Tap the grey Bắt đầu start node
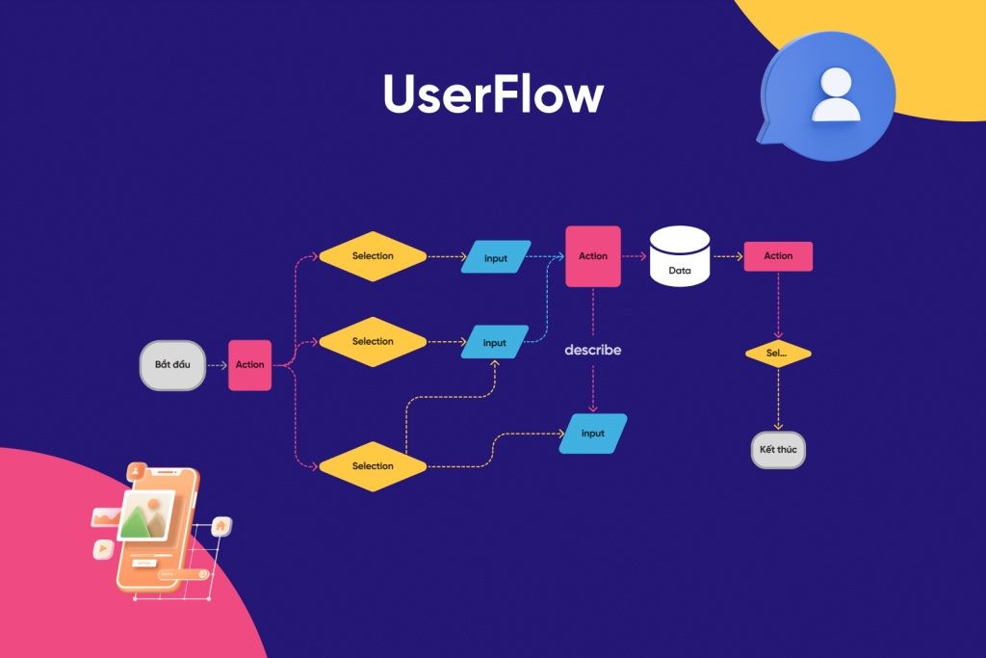[173, 365]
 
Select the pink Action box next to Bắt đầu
[249, 365]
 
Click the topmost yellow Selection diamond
[373, 256]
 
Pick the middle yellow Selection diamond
[373, 342]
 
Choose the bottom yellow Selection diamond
[373, 466]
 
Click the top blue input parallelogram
[496, 257]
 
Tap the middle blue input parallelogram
[495, 343]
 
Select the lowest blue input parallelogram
[593, 434]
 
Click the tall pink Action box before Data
[593, 256]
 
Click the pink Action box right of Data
[778, 256]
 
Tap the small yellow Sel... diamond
[778, 354]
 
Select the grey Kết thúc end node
[778, 450]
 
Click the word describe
[593, 350]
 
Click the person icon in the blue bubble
[836, 94]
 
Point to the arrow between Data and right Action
[728, 256]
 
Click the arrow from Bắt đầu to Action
[217, 365]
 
